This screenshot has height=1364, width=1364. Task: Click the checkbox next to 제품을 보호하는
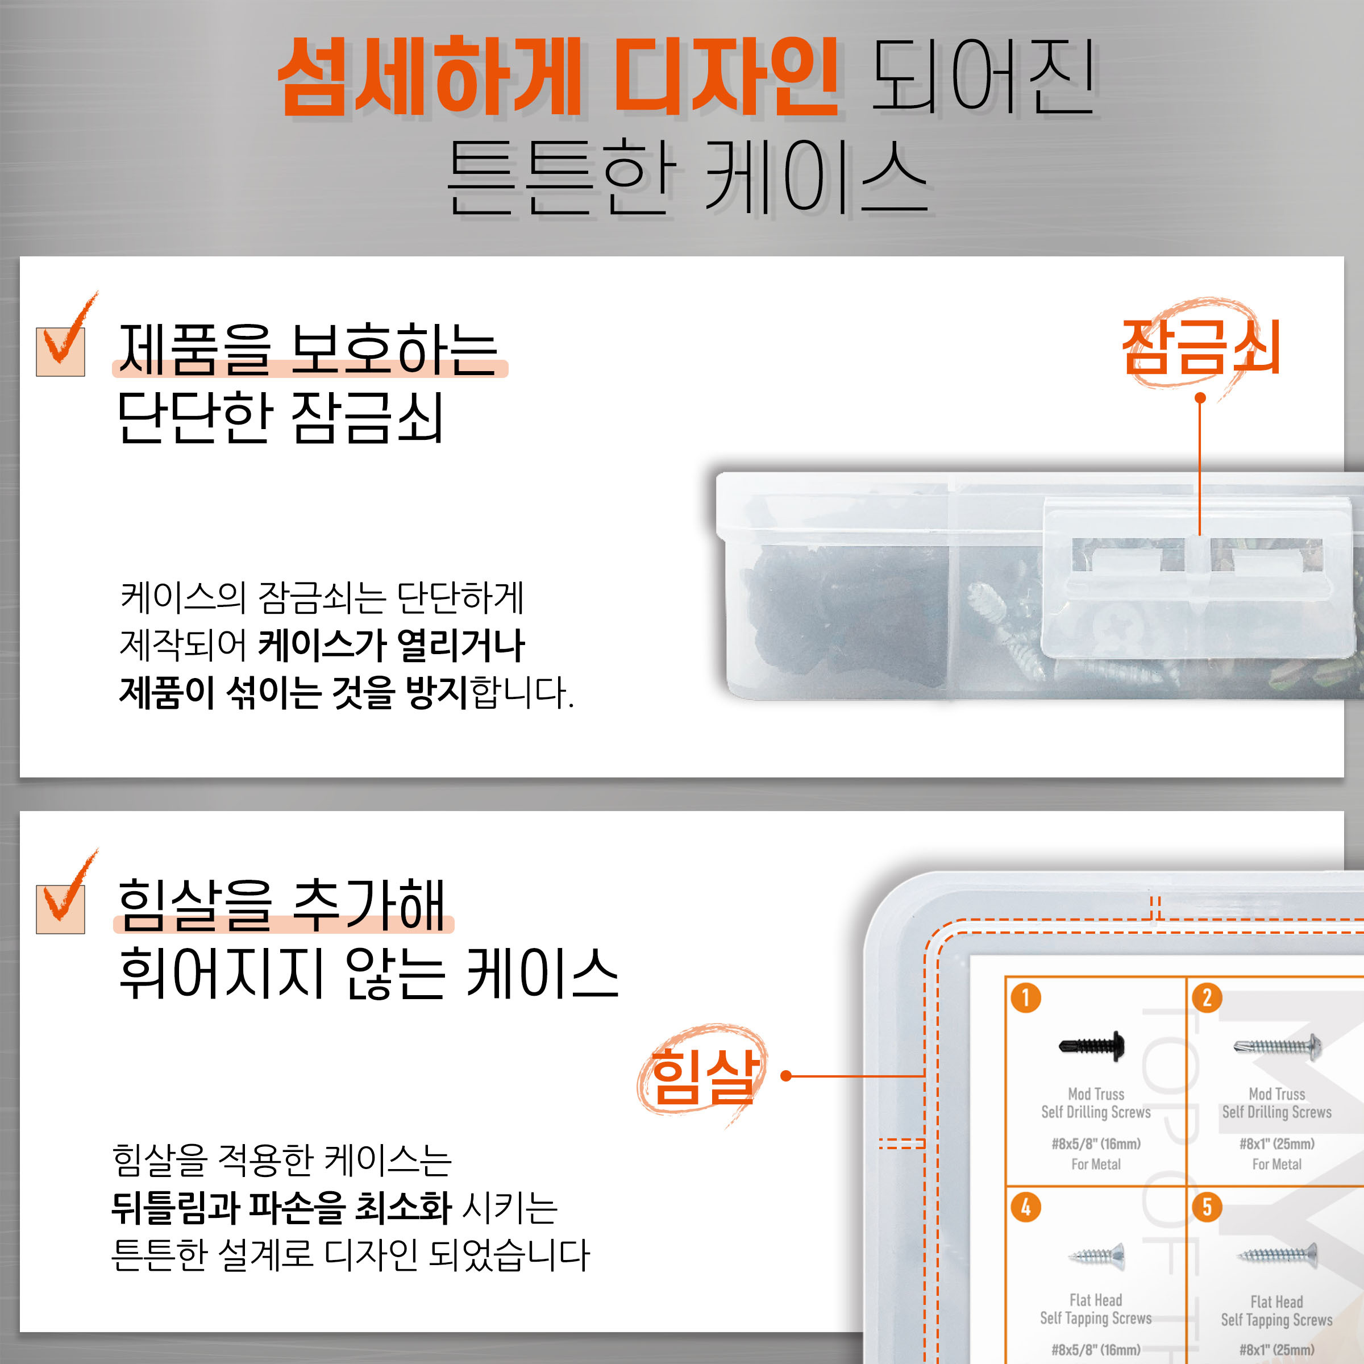point(61,352)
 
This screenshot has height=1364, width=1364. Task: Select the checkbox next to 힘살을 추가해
point(61,909)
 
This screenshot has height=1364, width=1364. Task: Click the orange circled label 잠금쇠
point(1201,346)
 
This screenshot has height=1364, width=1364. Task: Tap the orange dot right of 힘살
point(787,1076)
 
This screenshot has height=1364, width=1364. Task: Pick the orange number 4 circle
point(1026,1207)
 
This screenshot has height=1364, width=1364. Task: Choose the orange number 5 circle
point(1207,1207)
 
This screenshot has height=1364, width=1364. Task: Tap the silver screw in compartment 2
point(1277,1046)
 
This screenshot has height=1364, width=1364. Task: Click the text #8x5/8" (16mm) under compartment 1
point(1096,1143)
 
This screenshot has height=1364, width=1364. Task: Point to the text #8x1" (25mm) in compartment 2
point(1277,1143)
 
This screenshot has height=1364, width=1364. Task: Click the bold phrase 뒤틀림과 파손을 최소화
point(282,1207)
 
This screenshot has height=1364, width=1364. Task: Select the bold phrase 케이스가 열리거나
point(392,644)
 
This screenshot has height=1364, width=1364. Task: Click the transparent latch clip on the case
point(1197,575)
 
